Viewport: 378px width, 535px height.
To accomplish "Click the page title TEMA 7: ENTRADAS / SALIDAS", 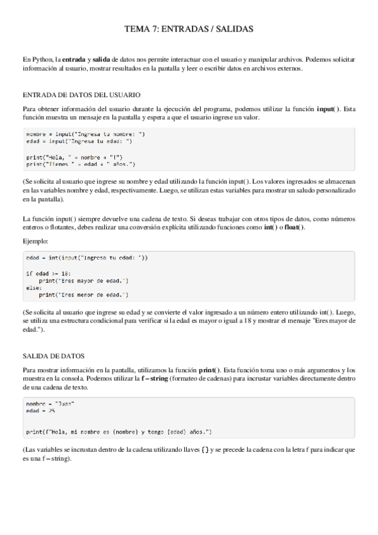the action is pyautogui.click(x=189, y=29).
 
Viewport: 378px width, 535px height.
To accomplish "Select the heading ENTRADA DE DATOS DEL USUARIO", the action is pyautogui.click(x=81, y=95).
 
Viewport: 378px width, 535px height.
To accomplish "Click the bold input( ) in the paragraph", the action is pyautogui.click(x=329, y=109).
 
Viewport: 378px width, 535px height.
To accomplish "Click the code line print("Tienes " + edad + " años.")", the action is pyautogui.click(x=81, y=163).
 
